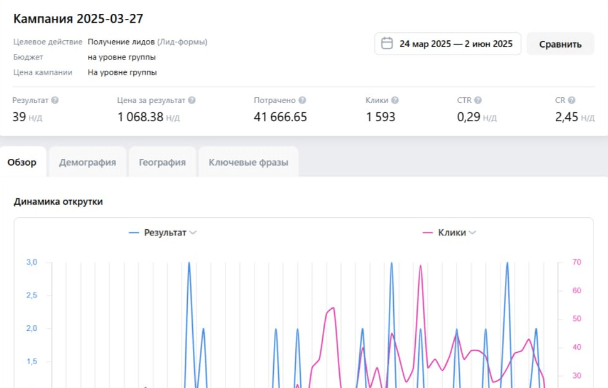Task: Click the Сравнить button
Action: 560,44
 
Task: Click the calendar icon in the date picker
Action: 388,43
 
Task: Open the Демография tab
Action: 87,162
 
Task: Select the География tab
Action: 162,162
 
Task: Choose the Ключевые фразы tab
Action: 248,162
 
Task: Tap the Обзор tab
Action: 22,162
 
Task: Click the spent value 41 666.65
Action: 280,117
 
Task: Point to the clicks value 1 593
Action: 381,117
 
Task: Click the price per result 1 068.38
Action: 140,117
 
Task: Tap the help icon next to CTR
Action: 478,100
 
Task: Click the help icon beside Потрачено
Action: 302,100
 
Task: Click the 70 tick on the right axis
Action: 576,262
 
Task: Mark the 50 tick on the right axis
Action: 576,319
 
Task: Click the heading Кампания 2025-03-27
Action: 79,18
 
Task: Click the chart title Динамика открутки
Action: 58,202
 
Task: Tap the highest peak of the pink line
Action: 420,266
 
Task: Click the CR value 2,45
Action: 567,117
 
